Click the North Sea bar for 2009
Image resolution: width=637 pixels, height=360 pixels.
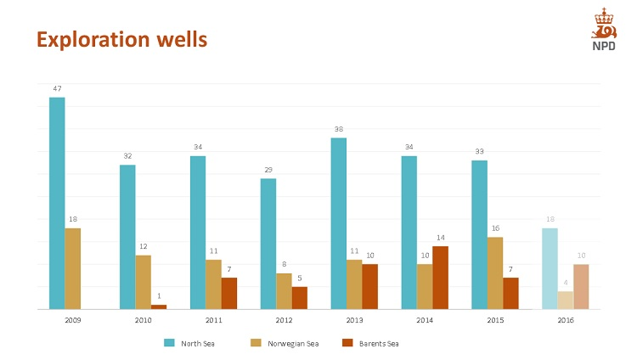tap(57, 203)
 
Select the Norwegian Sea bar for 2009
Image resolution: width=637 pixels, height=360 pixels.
tap(73, 268)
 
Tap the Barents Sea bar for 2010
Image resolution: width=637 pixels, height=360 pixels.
tap(159, 307)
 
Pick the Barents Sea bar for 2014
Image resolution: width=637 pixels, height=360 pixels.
tap(440, 278)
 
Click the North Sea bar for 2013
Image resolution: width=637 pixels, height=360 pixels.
tap(338, 223)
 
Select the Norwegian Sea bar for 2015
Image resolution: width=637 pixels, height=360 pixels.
tap(495, 273)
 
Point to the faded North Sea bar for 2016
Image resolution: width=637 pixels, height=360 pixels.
tap(550, 268)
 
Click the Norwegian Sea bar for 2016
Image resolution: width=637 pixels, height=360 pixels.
tap(566, 300)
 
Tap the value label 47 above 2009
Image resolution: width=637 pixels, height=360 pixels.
tap(57, 88)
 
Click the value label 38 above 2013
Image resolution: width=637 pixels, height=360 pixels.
tap(338, 129)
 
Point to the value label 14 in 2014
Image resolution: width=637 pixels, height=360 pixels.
tap(440, 238)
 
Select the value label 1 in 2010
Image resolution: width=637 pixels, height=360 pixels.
tap(159, 296)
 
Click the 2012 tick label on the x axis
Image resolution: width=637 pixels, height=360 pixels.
tap(285, 320)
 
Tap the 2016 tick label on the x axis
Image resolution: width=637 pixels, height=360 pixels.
tap(566, 320)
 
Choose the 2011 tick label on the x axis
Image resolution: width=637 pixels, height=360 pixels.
tap(214, 320)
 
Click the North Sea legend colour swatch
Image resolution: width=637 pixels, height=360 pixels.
tap(170, 343)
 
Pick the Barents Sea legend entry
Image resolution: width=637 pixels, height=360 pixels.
tap(375, 343)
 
